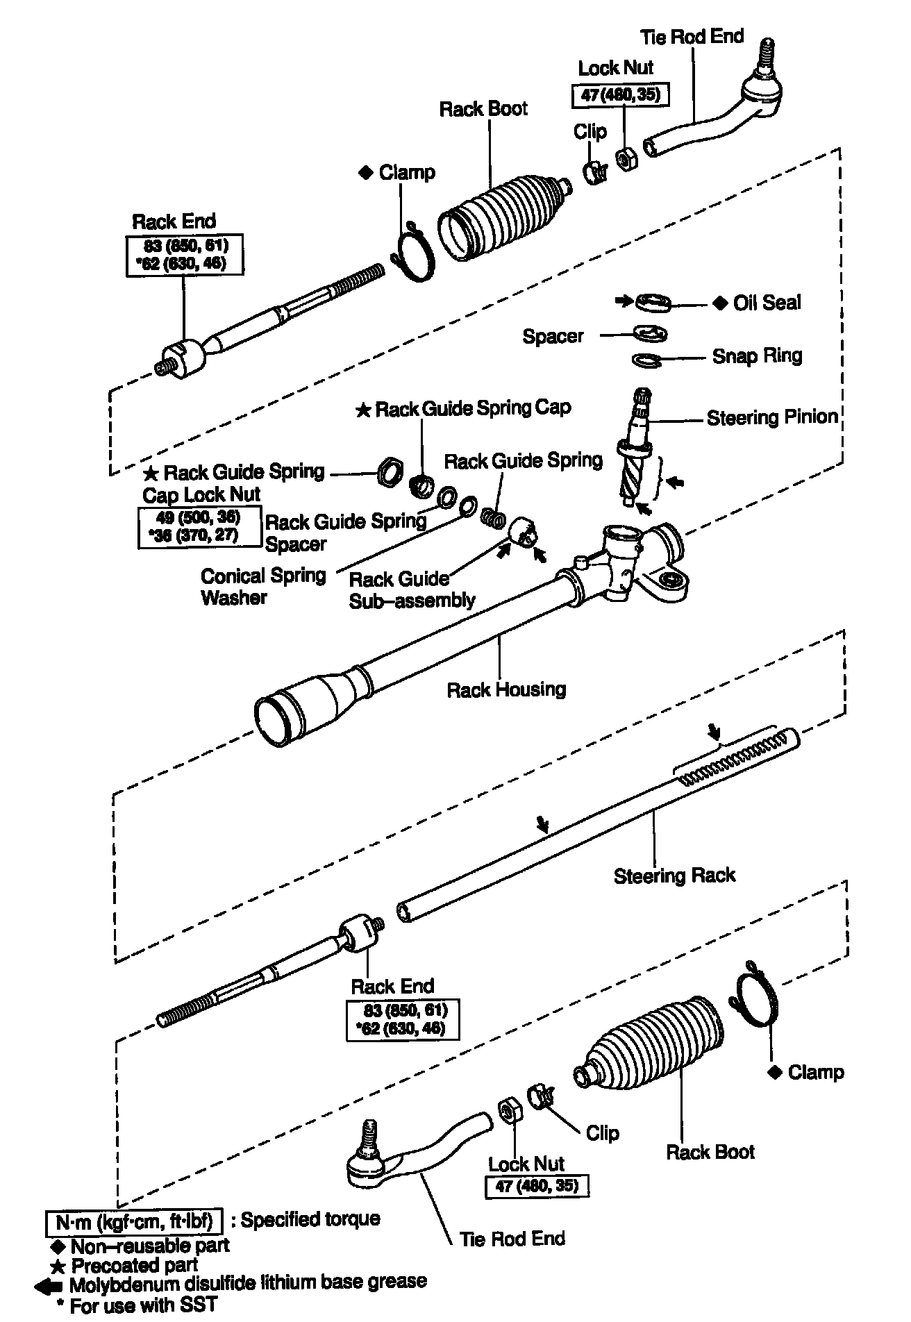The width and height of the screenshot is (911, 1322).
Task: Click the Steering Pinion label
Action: click(772, 417)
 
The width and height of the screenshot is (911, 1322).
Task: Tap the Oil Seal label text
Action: click(767, 303)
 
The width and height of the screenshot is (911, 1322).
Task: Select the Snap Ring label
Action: click(757, 356)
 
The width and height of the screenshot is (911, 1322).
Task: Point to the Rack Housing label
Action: click(506, 689)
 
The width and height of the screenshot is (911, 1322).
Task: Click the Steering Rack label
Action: click(674, 876)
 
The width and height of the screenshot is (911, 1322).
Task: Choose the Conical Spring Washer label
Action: click(263, 586)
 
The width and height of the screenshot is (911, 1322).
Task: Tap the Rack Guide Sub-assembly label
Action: click(412, 589)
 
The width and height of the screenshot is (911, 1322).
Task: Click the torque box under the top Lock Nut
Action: click(620, 94)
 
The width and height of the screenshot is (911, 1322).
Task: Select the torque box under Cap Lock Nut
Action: click(198, 527)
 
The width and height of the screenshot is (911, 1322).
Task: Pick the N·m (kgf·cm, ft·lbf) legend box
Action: click(134, 1221)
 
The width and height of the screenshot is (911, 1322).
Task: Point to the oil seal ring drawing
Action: click(653, 301)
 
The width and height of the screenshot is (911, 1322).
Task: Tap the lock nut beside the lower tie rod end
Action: click(511, 1110)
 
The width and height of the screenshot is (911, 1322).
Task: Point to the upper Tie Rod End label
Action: click(692, 37)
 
